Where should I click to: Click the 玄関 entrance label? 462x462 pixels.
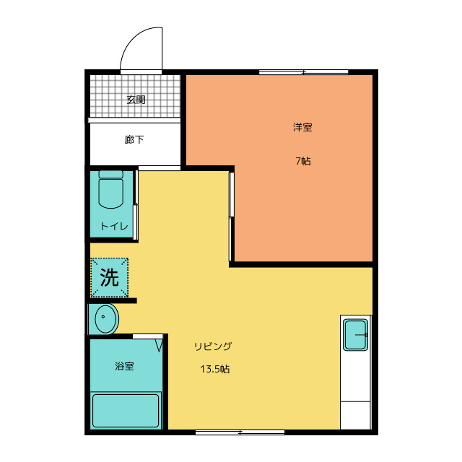click(x=136, y=100)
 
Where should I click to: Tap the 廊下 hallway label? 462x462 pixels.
click(x=134, y=139)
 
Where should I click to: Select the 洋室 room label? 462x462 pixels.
click(x=302, y=127)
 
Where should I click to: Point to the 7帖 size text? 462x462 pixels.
click(x=303, y=161)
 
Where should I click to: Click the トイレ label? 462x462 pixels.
click(x=114, y=226)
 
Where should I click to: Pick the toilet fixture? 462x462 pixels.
click(x=110, y=189)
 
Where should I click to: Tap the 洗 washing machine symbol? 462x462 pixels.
click(x=109, y=277)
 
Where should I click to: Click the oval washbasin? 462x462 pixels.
click(x=107, y=319)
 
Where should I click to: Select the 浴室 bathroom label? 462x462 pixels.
click(x=124, y=366)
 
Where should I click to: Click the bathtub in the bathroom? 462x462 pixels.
click(x=126, y=411)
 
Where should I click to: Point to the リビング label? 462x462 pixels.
click(x=213, y=346)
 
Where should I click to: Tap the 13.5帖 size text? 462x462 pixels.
click(x=215, y=369)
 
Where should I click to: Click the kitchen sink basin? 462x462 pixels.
click(x=356, y=335)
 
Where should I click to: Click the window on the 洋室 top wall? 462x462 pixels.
click(x=303, y=72)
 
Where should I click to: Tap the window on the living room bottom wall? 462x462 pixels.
click(x=240, y=432)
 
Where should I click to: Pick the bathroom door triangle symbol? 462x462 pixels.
click(x=159, y=345)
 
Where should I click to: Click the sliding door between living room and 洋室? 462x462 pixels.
click(x=231, y=217)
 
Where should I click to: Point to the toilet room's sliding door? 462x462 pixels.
click(x=136, y=205)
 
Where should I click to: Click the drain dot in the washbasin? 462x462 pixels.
click(x=103, y=317)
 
